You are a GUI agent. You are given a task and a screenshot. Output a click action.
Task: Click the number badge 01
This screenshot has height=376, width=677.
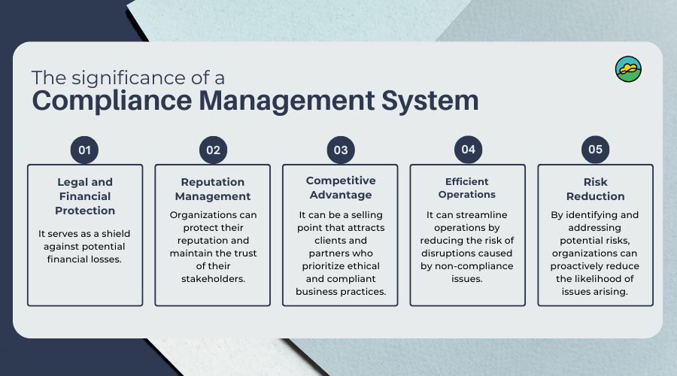coord(85,150)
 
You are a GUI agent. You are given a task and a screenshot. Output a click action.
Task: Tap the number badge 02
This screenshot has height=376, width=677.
coord(213,150)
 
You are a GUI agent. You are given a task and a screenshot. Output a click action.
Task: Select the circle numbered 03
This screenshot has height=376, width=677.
coord(341,150)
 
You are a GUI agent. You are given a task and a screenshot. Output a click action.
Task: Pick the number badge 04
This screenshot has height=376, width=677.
coord(468,150)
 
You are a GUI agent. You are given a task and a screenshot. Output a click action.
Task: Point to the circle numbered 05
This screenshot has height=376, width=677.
coord(596,150)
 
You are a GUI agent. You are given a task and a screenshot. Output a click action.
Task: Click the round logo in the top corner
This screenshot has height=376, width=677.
coord(628,69)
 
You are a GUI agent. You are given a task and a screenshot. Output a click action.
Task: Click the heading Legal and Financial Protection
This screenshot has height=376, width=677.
coord(85,196)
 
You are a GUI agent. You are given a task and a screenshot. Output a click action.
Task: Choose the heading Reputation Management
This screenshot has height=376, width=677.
coord(213,189)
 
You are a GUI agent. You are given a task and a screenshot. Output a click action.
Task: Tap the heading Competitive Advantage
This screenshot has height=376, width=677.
coord(341,188)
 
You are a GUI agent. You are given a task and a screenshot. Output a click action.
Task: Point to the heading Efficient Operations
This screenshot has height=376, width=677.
coord(468,188)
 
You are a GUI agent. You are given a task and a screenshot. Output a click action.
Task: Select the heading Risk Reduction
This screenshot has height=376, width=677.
coord(596,189)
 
